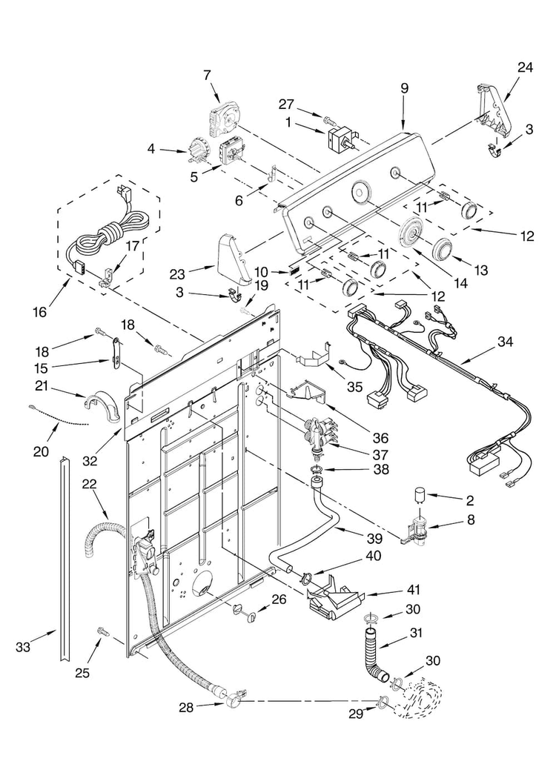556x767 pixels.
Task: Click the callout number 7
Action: pyautogui.click(x=207, y=75)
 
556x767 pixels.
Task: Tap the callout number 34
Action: pyautogui.click(x=505, y=342)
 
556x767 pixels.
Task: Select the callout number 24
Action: pyautogui.click(x=525, y=67)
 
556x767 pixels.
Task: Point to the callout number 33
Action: pyautogui.click(x=23, y=647)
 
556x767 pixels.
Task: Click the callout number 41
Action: pyautogui.click(x=411, y=590)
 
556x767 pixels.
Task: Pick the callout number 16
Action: pyautogui.click(x=39, y=311)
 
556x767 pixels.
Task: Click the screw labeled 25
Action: pyautogui.click(x=103, y=632)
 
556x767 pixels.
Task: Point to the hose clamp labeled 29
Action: pyautogui.click(x=382, y=703)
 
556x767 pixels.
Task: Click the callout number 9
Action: pyautogui.click(x=404, y=88)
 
